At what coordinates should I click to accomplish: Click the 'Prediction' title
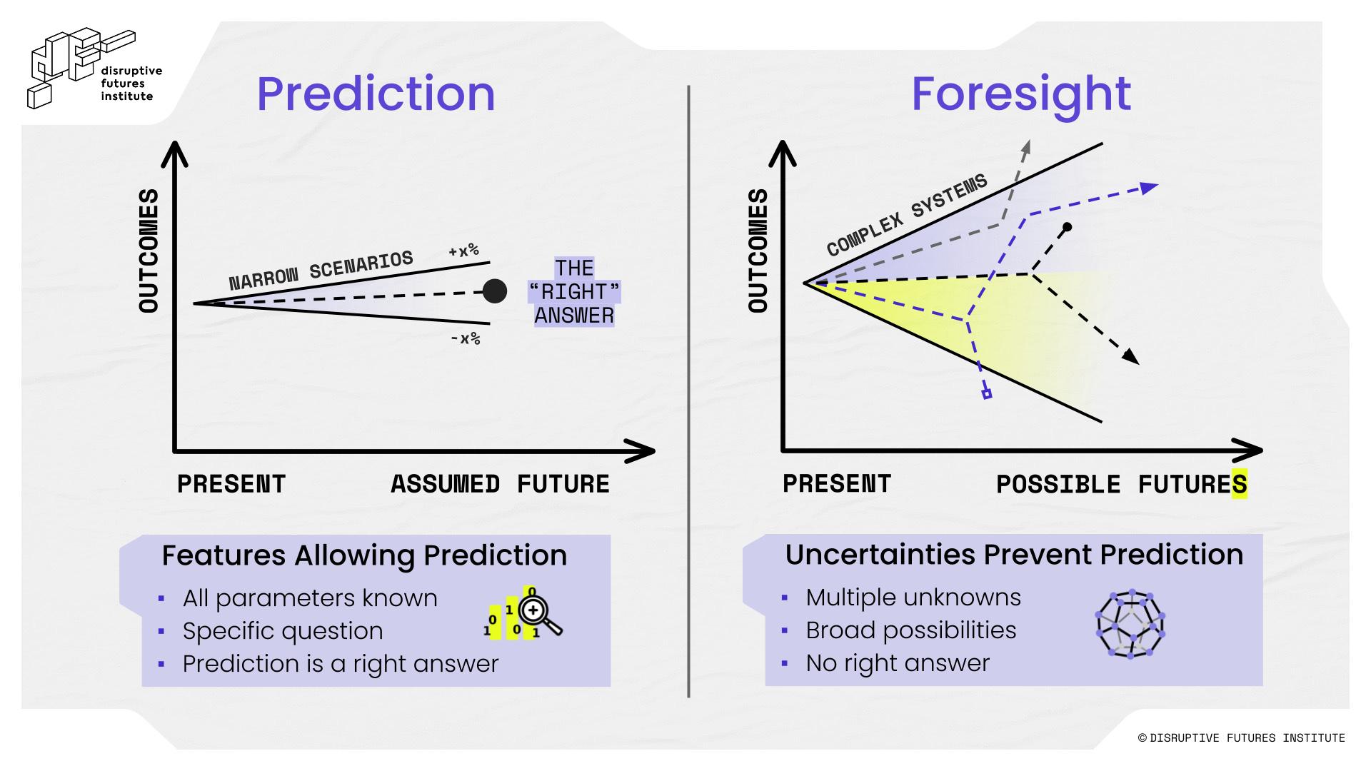click(376, 94)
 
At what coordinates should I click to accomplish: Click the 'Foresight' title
click(1021, 94)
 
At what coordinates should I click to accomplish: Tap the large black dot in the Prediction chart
click(495, 291)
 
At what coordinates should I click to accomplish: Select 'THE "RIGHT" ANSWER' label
click(574, 292)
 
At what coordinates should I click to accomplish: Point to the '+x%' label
click(463, 251)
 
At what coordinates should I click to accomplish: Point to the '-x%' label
click(466, 338)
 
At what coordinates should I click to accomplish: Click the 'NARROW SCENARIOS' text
click(321, 271)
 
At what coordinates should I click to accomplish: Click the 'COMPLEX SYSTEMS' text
click(907, 214)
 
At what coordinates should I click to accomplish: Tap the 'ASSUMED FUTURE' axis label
click(500, 484)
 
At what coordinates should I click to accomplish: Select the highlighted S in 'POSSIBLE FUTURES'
click(1240, 484)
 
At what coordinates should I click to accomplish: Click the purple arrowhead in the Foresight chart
click(1148, 188)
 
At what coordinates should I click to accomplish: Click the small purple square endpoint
click(987, 393)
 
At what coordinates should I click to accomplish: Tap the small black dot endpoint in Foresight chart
click(1067, 228)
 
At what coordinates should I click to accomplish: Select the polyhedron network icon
click(1130, 624)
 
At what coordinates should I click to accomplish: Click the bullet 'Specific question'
click(283, 631)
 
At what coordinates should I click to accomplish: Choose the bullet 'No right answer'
click(898, 663)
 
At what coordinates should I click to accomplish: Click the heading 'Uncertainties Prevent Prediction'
click(1014, 555)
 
